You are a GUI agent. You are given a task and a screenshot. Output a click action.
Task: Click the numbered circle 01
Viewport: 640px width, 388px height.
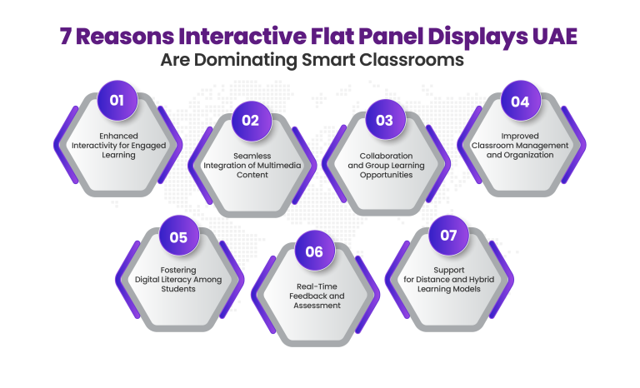point(117,101)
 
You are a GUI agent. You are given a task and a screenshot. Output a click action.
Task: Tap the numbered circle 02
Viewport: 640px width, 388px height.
point(251,120)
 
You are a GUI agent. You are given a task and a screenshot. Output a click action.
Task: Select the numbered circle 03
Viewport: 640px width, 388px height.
point(384,120)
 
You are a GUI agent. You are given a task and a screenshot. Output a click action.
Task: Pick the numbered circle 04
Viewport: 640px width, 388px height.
point(520,101)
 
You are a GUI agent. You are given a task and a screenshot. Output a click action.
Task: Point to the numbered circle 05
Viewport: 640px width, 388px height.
point(178,237)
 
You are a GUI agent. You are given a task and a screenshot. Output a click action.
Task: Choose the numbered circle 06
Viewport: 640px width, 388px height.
point(314,253)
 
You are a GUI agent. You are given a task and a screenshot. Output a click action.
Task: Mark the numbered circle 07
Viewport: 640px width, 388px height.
point(448,236)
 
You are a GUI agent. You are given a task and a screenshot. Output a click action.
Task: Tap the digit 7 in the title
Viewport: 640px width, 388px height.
point(67,37)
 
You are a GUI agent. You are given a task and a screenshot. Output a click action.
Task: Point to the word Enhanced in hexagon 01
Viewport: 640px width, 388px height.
point(116,135)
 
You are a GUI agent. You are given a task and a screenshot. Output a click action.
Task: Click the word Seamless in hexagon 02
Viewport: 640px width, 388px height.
point(250,154)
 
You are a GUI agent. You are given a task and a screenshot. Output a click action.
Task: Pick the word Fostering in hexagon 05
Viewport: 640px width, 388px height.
point(178,270)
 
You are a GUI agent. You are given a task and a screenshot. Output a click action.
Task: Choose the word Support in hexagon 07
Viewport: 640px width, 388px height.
point(448,270)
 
